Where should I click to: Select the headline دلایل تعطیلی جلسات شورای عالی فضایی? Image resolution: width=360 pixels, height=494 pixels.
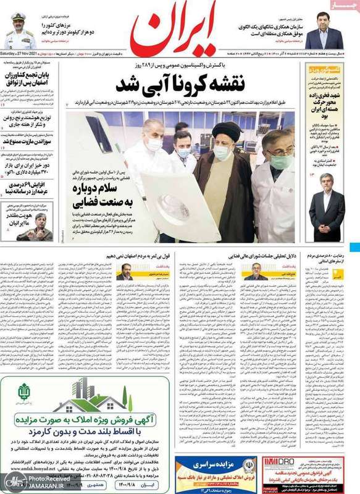tap(252, 254)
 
